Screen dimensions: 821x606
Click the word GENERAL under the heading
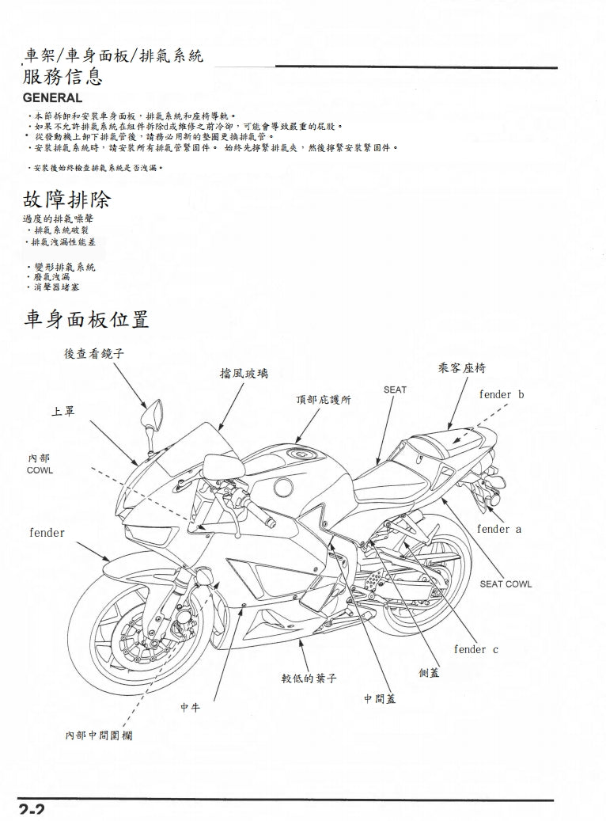click(52, 98)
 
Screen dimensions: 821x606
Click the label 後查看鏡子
click(94, 354)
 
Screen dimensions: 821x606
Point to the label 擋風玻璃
click(244, 372)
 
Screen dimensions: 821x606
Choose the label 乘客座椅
click(461, 368)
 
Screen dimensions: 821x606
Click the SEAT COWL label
click(506, 584)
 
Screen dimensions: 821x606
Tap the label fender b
click(501, 394)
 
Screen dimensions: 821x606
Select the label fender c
click(475, 649)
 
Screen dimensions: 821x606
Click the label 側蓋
click(430, 672)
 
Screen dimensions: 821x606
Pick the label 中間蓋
click(379, 699)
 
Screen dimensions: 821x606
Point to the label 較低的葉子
click(310, 678)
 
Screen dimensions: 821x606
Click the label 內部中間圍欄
click(99, 735)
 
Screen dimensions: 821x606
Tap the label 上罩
click(63, 412)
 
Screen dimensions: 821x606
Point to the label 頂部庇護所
click(324, 399)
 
